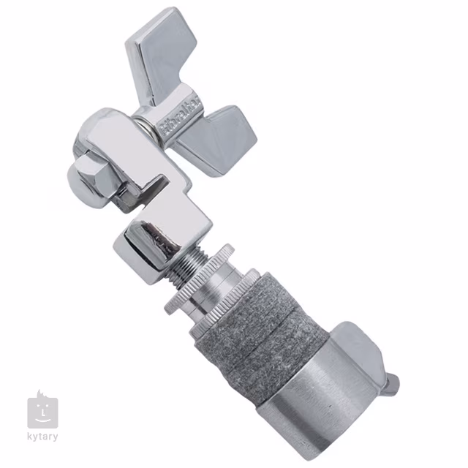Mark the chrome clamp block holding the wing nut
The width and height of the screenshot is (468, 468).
pyautogui.click(x=128, y=157)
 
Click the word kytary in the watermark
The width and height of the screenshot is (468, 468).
pyautogui.click(x=43, y=437)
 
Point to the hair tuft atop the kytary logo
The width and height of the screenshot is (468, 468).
pyautogui.click(x=37, y=394)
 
